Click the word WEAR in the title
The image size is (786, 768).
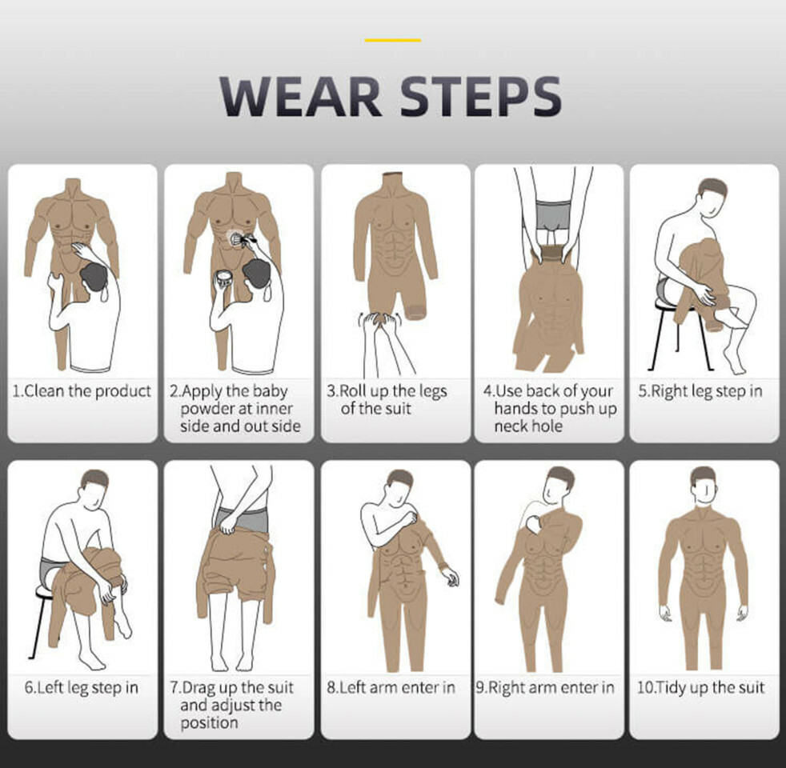(x=301, y=96)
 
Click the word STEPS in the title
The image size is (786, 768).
(x=481, y=96)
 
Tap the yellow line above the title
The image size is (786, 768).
(x=393, y=40)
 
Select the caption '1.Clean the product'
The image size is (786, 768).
(x=82, y=390)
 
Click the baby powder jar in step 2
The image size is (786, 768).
(x=223, y=278)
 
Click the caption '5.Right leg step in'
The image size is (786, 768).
(x=700, y=391)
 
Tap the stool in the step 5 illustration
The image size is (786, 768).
(x=680, y=332)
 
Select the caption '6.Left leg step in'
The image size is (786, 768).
(x=81, y=687)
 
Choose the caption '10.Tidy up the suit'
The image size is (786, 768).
(x=701, y=687)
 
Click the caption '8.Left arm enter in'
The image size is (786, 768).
(x=391, y=687)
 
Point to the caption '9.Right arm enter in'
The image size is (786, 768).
(x=545, y=687)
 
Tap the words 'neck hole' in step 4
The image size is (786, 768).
(x=528, y=426)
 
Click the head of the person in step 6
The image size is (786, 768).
(x=94, y=490)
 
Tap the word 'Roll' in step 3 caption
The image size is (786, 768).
(x=354, y=390)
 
